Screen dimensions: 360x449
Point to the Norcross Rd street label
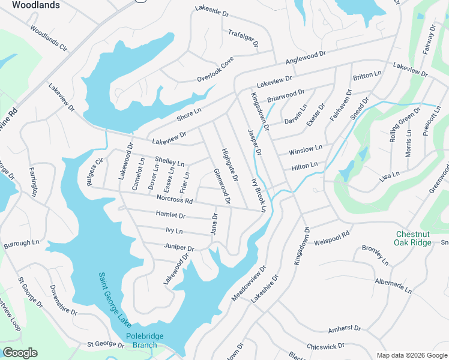[x=174, y=200]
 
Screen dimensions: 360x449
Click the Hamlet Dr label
[x=170, y=215]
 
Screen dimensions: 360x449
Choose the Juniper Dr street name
[x=179, y=247]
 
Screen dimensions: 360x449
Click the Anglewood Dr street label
[x=305, y=58]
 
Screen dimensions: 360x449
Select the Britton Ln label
[x=367, y=76]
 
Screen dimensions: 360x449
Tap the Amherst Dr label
[x=344, y=328]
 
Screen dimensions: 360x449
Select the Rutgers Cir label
[x=95, y=173]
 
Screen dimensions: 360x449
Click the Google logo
[x=20, y=353]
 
